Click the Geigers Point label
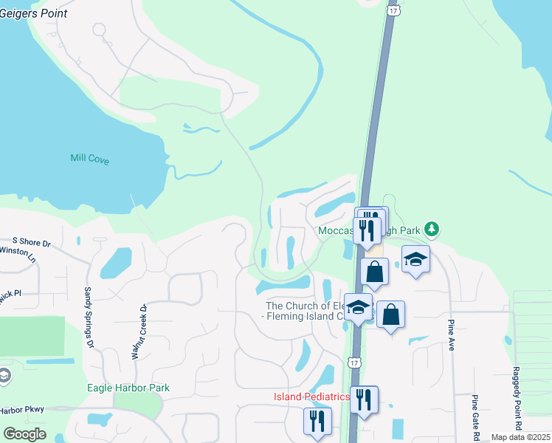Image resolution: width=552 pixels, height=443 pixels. [34, 13]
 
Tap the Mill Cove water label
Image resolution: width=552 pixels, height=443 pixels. [89, 158]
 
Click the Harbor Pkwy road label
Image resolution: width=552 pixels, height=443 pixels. [22, 410]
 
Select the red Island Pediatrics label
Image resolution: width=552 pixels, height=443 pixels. [311, 396]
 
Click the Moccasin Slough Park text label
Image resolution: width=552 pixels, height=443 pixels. [369, 230]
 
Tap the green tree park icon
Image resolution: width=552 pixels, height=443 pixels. [435, 230]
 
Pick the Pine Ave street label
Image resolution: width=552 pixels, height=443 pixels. [449, 335]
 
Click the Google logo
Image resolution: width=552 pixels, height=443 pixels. [25, 434]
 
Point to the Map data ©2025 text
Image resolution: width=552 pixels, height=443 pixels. [521, 437]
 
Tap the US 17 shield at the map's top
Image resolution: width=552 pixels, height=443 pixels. [393, 10]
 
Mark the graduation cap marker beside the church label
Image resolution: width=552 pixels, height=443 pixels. [359, 306]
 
